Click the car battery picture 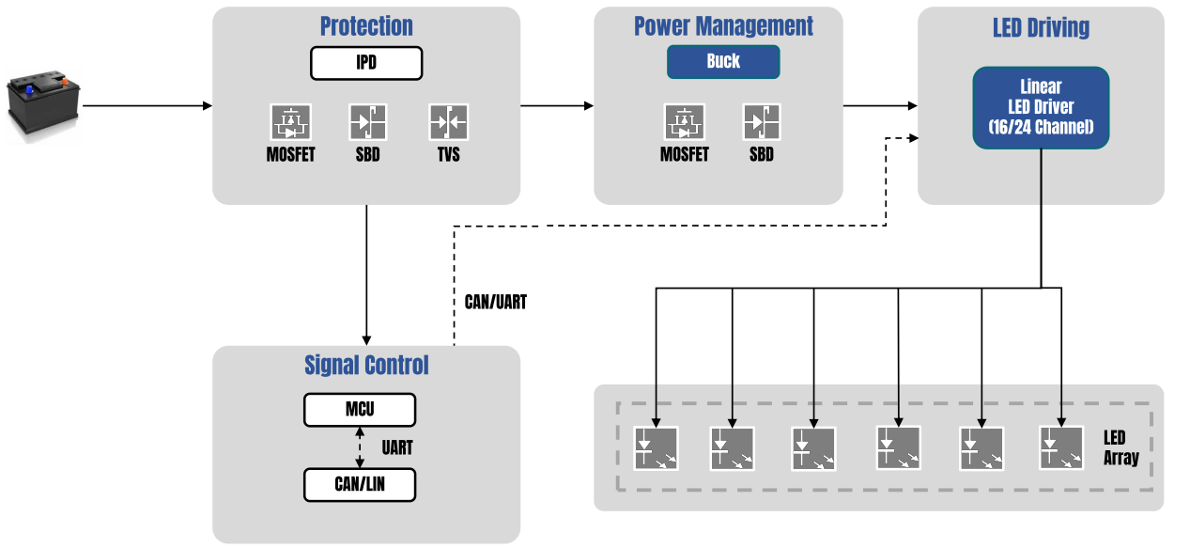(43, 107)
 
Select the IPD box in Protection (366, 63)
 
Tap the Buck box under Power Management (723, 62)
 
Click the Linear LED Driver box (1041, 107)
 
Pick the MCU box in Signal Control (359, 410)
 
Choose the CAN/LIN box (359, 484)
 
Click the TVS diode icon (448, 122)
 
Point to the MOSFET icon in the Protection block (291, 122)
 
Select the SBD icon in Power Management (762, 122)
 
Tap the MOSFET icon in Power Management (684, 122)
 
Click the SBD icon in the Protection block (367, 122)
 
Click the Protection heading (366, 26)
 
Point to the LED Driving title (1041, 27)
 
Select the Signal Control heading (366, 365)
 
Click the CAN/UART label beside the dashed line (496, 303)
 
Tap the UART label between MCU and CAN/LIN (397, 447)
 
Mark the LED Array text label (1120, 448)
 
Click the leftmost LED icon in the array (656, 448)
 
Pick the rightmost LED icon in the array (1061, 448)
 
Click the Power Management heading (723, 26)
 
